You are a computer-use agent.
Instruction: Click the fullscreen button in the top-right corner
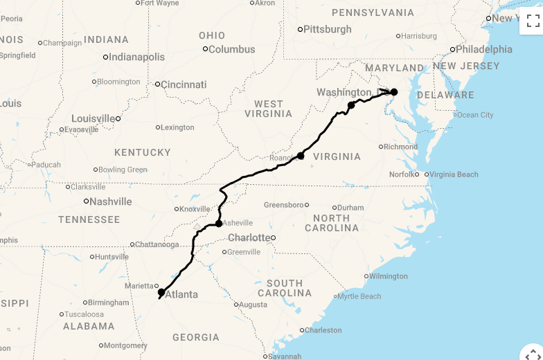tap(532, 20)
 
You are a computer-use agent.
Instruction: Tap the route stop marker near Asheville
tap(219, 224)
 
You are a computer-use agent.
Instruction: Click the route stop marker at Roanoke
tap(301, 156)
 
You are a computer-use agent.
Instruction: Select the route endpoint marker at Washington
tap(394, 92)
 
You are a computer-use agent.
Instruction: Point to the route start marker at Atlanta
tap(161, 292)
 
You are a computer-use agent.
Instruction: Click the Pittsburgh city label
tap(328, 30)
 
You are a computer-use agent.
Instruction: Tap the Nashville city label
tap(111, 201)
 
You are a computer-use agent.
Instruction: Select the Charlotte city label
tap(249, 237)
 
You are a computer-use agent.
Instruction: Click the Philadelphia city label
tap(484, 49)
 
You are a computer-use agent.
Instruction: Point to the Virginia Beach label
tap(454, 174)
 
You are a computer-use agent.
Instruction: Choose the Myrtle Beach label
tap(359, 296)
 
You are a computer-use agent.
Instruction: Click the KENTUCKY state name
tap(143, 152)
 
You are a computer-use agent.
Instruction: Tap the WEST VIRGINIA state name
tap(268, 109)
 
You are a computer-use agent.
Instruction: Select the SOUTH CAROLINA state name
tap(285, 288)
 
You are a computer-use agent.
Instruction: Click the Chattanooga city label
tap(157, 244)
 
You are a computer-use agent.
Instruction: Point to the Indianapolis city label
tap(137, 57)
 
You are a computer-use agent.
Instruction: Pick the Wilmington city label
tap(389, 276)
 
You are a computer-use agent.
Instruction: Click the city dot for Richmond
tap(381, 147)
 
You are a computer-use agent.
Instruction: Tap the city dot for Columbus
tap(205, 48)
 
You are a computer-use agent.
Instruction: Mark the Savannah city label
tap(285, 357)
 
